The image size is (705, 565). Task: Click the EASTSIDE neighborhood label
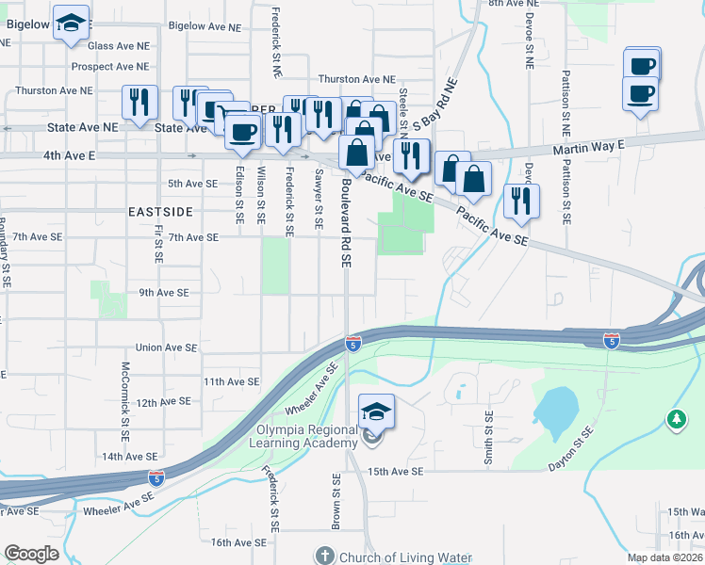click(160, 213)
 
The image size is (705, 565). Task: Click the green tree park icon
click(676, 418)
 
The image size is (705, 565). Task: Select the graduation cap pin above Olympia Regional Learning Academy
click(376, 411)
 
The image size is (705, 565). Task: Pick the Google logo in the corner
click(31, 554)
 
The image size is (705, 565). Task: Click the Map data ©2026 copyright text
click(664, 557)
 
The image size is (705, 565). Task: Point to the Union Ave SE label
click(167, 347)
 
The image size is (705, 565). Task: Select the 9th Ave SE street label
click(167, 293)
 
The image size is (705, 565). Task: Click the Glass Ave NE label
click(119, 45)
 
